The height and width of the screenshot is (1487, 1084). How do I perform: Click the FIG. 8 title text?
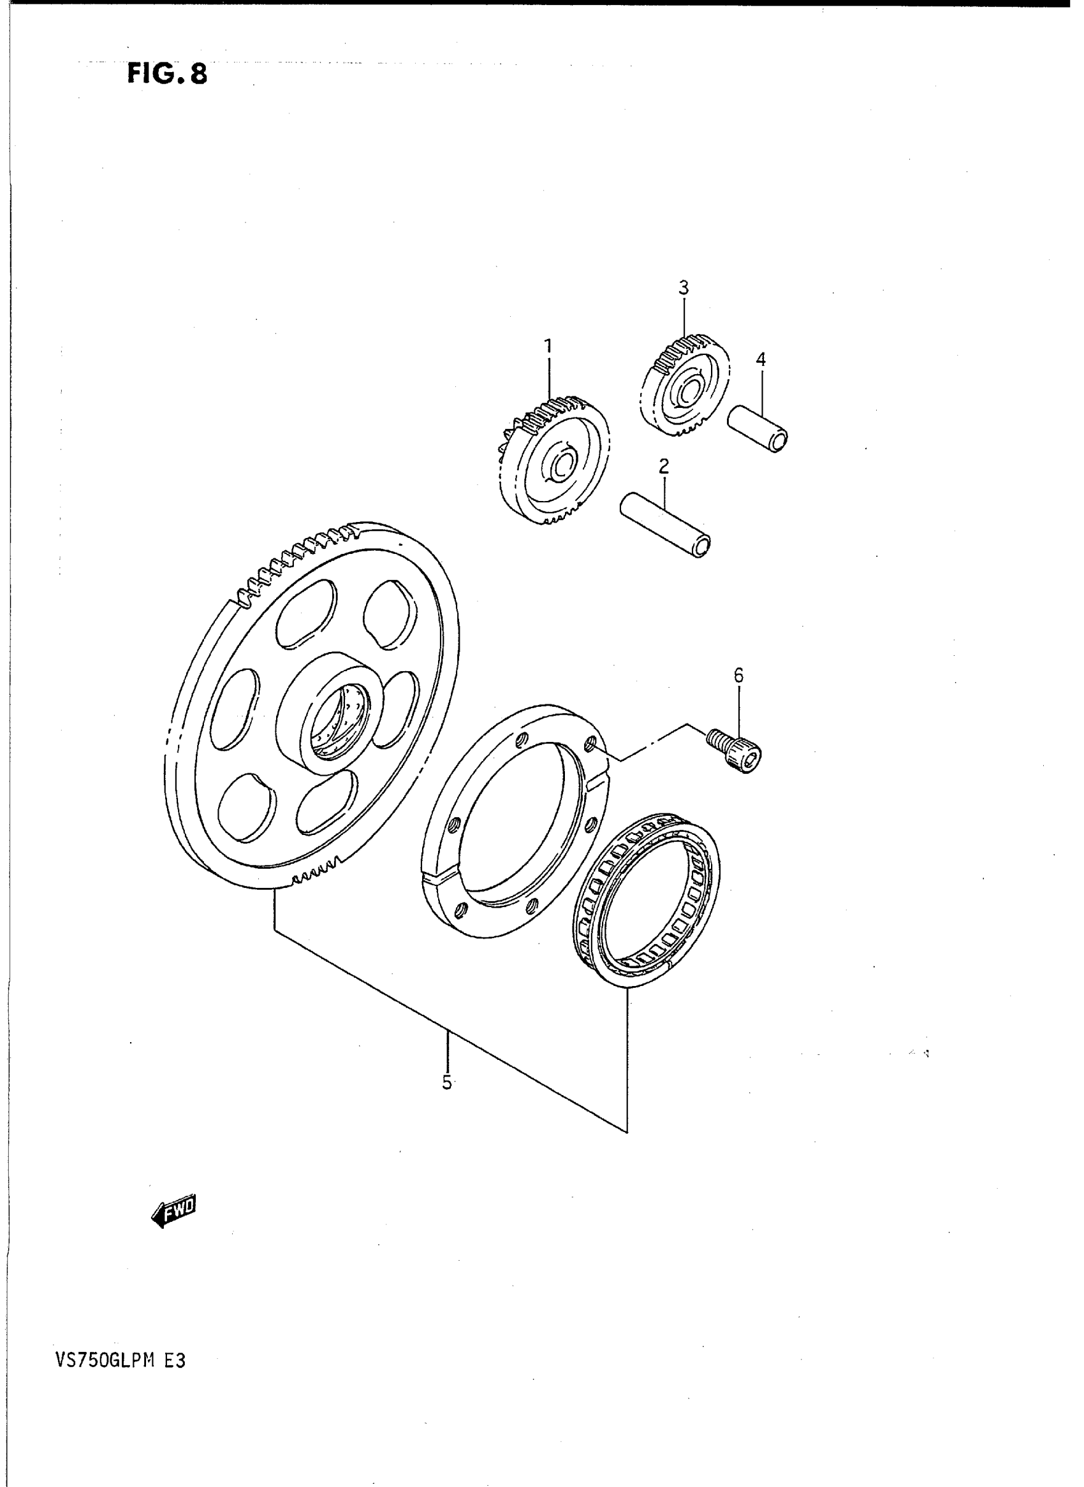pyautogui.click(x=166, y=73)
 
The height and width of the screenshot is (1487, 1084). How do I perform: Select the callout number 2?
pyautogui.click(x=663, y=467)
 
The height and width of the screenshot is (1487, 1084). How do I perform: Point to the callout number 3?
pyautogui.click(x=683, y=287)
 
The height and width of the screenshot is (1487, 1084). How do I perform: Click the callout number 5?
pyautogui.click(x=447, y=1082)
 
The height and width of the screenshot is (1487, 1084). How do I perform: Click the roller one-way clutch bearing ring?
pyautogui.click(x=647, y=909)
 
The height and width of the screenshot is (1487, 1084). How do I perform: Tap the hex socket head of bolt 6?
pyautogui.click(x=752, y=761)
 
